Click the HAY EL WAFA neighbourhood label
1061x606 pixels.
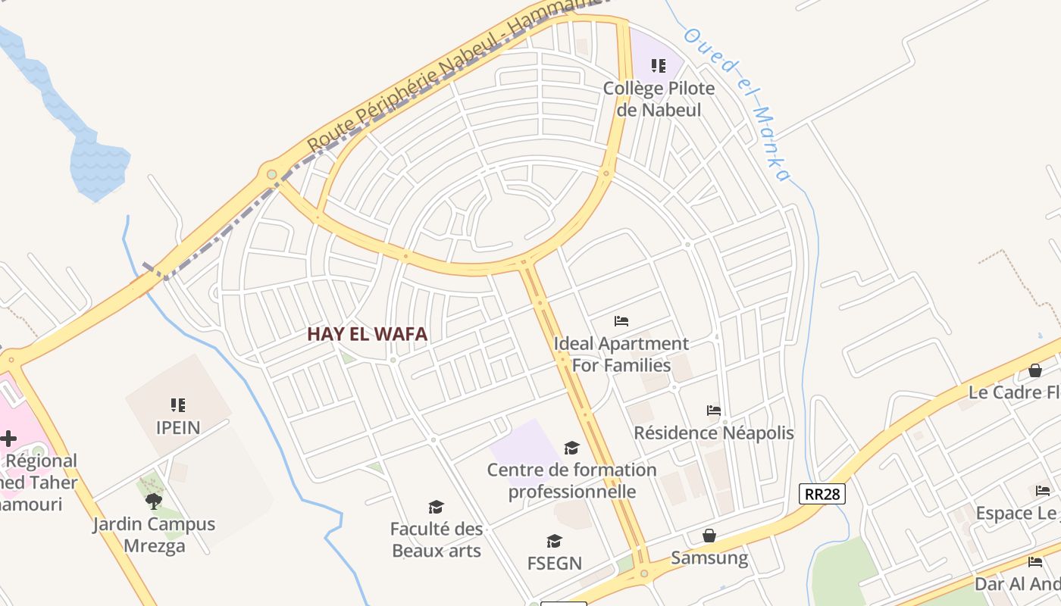point(367,334)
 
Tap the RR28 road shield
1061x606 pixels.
point(822,494)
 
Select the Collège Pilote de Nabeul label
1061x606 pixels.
point(659,98)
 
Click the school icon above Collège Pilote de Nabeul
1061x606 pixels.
point(659,66)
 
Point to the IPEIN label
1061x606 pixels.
point(178,427)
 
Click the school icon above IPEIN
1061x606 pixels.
point(178,405)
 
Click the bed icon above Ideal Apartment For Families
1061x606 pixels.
point(621,321)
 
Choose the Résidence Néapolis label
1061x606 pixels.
point(714,433)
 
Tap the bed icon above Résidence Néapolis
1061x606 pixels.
point(714,411)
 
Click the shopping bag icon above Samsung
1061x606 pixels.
point(709,536)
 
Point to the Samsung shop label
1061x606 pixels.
point(709,559)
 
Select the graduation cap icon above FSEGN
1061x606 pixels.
point(555,541)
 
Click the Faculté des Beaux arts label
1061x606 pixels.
point(437,539)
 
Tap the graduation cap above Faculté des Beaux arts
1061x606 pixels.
point(436,507)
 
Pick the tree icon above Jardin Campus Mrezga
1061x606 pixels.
point(154,501)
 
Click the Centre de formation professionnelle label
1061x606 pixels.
point(572,480)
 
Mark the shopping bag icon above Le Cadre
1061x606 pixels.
point(1035,370)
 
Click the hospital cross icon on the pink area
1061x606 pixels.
point(8,439)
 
